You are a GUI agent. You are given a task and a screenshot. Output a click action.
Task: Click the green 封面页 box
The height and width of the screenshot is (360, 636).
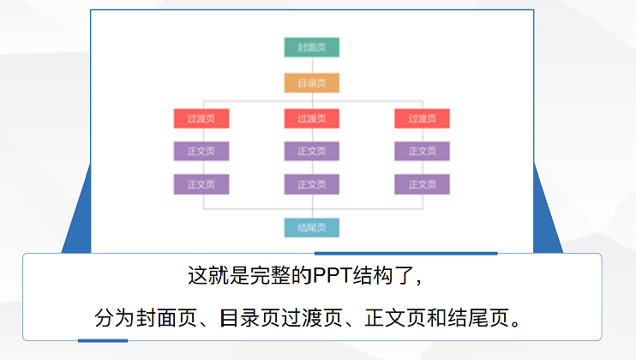tap(312, 47)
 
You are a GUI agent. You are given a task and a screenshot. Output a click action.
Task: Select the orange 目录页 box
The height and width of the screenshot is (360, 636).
tap(312, 83)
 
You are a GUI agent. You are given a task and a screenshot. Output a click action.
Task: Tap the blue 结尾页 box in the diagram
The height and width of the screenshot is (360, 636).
tap(312, 227)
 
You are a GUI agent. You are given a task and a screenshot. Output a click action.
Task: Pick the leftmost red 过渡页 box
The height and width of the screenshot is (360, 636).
tap(201, 119)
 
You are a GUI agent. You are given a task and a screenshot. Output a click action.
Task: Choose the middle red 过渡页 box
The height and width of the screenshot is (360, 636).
tap(312, 119)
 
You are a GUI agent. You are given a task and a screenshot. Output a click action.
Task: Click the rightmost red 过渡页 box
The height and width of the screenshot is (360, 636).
tap(422, 119)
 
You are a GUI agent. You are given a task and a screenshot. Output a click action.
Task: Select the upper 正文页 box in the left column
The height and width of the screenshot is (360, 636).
tap(201, 152)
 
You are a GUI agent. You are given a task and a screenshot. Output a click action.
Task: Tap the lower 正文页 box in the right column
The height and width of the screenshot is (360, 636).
tap(422, 184)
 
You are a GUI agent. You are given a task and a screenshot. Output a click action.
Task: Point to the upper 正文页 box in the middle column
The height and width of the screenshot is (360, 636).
tap(312, 152)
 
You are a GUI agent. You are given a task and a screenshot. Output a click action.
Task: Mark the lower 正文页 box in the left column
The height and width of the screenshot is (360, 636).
tap(201, 184)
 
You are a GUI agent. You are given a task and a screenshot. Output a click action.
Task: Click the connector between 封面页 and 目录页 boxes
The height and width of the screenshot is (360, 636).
tap(312, 65)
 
